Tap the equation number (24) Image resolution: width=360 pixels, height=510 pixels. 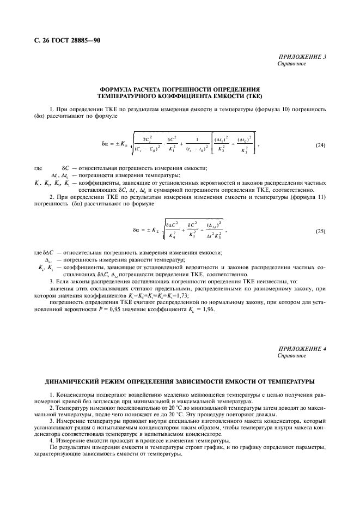321,145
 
